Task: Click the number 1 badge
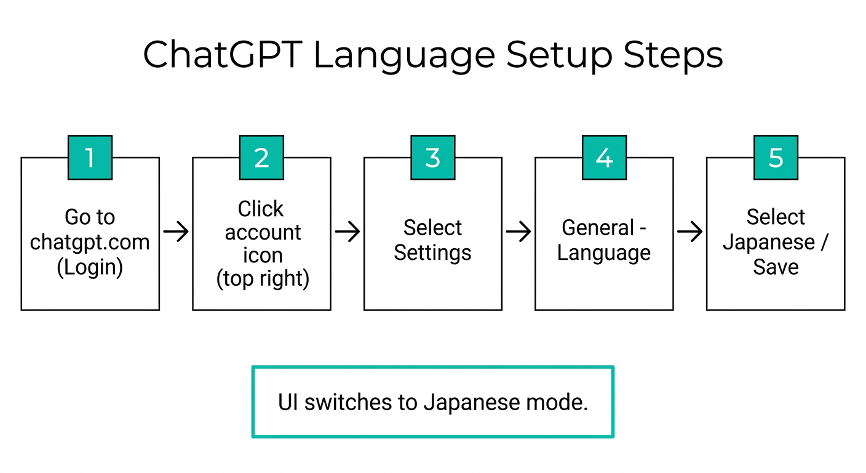[x=90, y=158]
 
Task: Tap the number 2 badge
[x=261, y=158]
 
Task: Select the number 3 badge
[x=433, y=158]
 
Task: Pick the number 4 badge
[x=604, y=158]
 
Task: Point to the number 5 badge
[x=776, y=158]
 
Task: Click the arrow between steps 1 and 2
[x=176, y=232]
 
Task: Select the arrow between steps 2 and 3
[x=348, y=232]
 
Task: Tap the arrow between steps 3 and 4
[x=518, y=232]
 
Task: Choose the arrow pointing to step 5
[x=689, y=232]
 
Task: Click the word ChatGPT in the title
[x=222, y=55]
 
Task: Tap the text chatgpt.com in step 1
[x=90, y=242]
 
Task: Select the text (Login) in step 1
[x=90, y=267]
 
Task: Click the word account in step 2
[x=263, y=233]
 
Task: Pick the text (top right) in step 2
[x=263, y=279]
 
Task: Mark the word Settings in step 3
[x=432, y=253]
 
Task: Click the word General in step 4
[x=597, y=228]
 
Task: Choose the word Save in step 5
[x=776, y=267]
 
